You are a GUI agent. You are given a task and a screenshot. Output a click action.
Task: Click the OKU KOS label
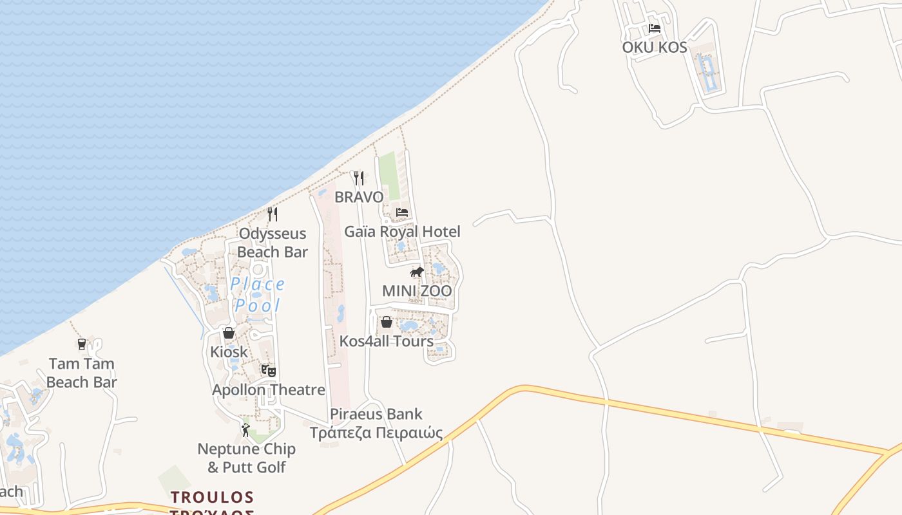654,47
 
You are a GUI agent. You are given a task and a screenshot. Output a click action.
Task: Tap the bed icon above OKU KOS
655,28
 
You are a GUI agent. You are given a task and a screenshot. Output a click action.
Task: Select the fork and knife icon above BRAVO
359,178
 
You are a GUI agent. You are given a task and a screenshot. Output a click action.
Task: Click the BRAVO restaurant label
359,196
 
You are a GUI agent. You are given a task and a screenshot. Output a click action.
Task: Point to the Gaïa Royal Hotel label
402,231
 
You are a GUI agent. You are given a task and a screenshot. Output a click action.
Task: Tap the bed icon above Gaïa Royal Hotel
402,212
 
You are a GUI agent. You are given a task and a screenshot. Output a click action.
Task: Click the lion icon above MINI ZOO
417,272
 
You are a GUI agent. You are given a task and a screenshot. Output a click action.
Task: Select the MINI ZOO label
417,291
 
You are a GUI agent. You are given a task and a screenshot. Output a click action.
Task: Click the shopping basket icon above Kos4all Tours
387,322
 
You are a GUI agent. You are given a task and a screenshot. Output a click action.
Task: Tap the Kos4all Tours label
387,341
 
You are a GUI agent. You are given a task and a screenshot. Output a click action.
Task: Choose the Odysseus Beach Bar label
273,243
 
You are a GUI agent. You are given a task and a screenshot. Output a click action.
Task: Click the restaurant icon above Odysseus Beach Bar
273,214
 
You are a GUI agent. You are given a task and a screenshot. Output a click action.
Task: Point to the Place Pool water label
258,294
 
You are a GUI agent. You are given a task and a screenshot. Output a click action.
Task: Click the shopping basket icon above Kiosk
229,333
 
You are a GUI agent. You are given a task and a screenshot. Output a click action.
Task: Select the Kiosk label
229,352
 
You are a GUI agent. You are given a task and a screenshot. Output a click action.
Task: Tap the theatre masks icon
268,371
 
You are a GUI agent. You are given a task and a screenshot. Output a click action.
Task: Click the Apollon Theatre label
269,389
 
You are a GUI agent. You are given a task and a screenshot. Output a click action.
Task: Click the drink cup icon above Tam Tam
82,344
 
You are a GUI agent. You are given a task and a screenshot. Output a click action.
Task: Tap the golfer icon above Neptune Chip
245,429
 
